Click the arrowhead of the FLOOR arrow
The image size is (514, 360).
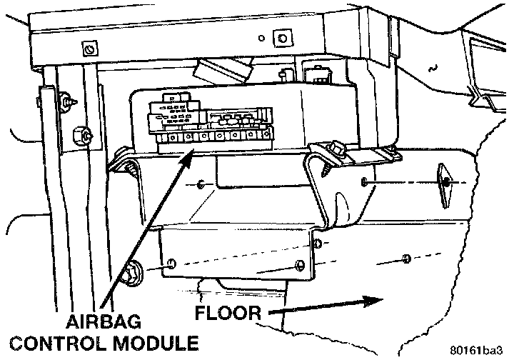tap(367, 300)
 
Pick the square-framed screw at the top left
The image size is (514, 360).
tap(89, 50)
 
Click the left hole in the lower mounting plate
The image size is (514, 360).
tap(171, 265)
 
